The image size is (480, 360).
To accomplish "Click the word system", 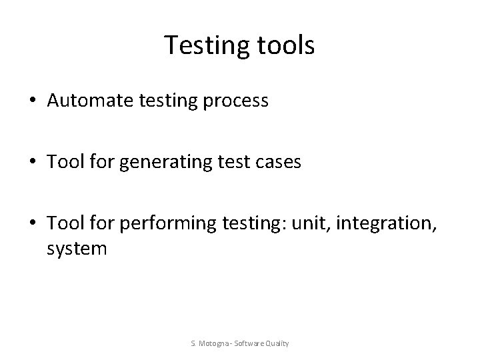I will coord(77,248).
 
